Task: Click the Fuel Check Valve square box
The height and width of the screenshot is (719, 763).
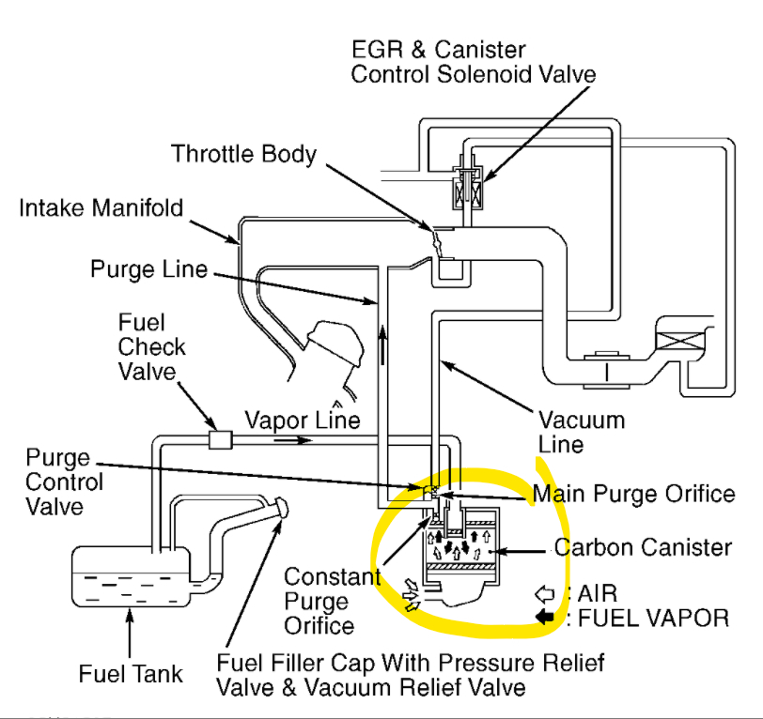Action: (x=220, y=438)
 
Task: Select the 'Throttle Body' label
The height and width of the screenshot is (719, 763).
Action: (x=243, y=154)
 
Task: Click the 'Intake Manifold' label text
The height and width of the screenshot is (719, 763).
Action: (x=101, y=207)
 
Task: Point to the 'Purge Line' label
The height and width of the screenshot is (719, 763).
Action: (x=148, y=269)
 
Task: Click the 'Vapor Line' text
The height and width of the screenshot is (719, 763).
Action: (x=303, y=420)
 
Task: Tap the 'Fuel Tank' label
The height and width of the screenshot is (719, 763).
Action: (x=131, y=674)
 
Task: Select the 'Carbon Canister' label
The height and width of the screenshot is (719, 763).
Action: (x=643, y=547)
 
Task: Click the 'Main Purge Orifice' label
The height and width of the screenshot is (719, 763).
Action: (x=633, y=493)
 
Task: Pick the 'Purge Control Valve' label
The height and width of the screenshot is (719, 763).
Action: (x=58, y=482)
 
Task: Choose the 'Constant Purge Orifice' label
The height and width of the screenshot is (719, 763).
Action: (x=332, y=601)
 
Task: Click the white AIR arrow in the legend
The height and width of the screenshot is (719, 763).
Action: (x=544, y=593)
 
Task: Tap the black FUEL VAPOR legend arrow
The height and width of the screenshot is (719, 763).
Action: (x=544, y=618)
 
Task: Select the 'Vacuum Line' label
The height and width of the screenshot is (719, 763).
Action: (x=580, y=431)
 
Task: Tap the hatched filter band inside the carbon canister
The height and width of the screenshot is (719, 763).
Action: (x=464, y=567)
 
